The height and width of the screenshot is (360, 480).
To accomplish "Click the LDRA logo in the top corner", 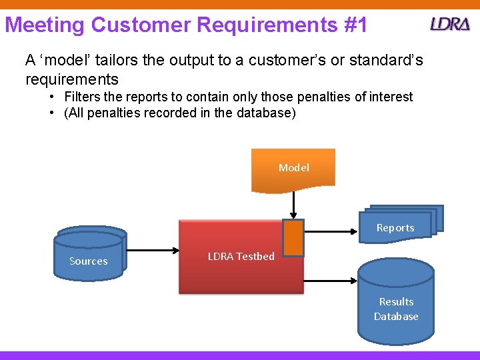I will tap(451, 24).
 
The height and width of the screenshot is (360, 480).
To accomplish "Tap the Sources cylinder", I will tap(89, 257).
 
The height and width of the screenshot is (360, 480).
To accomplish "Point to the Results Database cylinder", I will tap(396, 303).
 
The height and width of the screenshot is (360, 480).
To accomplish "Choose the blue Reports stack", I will tap(398, 223).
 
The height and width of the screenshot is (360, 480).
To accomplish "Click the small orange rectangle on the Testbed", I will tap(293, 238).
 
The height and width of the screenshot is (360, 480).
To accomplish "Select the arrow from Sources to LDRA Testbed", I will tap(153, 252).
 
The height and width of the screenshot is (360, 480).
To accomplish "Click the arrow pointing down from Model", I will tap(293, 205).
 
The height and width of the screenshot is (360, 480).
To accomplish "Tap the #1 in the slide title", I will tap(353, 25).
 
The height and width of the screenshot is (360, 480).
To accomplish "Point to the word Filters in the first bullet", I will tap(83, 97).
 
